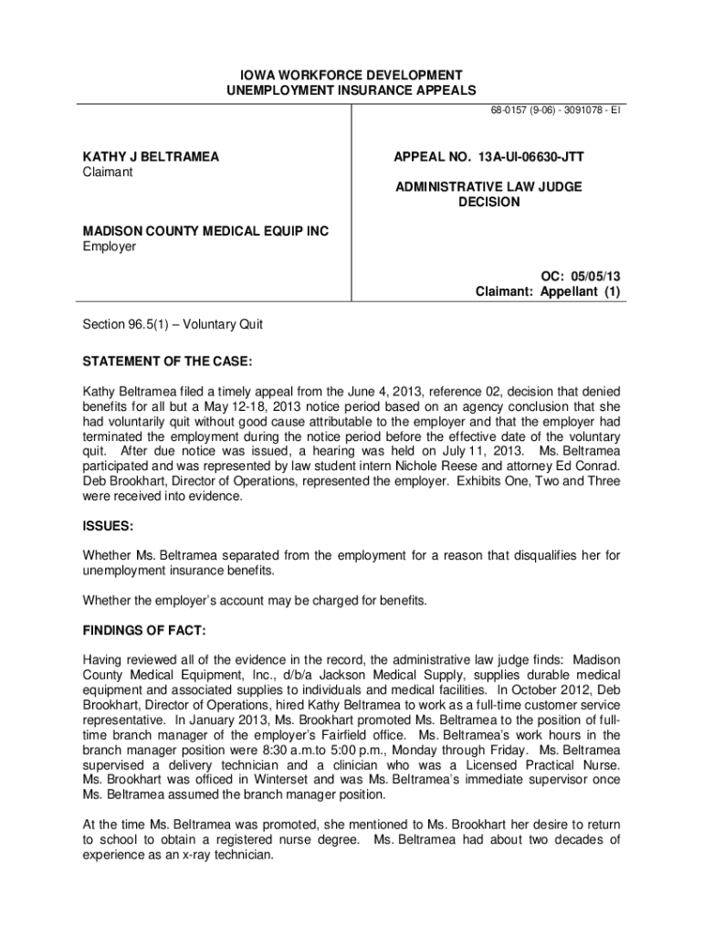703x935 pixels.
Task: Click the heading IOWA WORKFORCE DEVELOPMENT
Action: (x=351, y=74)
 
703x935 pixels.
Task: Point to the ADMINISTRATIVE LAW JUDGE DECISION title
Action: (x=488, y=194)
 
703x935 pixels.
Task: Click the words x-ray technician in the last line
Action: (x=222, y=856)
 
